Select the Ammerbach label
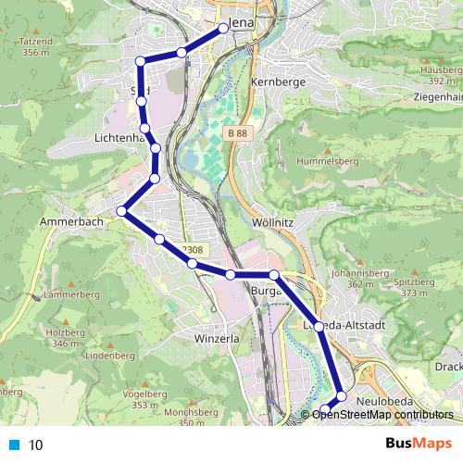[x=69, y=223]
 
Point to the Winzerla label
[x=218, y=339]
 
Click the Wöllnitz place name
[x=273, y=223]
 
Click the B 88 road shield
[x=236, y=133]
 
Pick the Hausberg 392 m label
[x=441, y=73]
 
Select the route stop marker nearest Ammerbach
[x=121, y=212]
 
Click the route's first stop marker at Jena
[x=223, y=30]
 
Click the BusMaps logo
[x=425, y=444]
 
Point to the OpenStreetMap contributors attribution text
[x=382, y=415]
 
